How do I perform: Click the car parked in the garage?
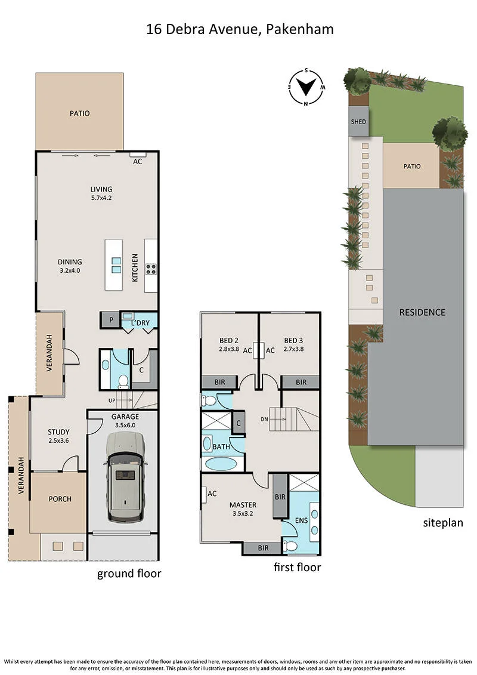pyautogui.click(x=125, y=476)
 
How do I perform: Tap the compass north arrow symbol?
pyautogui.click(x=306, y=87)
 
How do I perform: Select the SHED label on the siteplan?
pyautogui.click(x=358, y=122)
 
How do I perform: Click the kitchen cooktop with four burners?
pyautogui.click(x=150, y=270)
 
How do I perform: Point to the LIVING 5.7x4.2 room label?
pyautogui.click(x=101, y=193)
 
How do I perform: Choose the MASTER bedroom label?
pyautogui.click(x=243, y=508)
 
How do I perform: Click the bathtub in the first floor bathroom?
pyautogui.click(x=221, y=464)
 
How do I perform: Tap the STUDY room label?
pyautogui.click(x=58, y=436)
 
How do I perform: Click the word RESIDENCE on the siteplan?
pyautogui.click(x=422, y=312)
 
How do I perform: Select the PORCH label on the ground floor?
pyautogui.click(x=60, y=499)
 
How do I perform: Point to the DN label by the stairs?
pyautogui.click(x=264, y=419)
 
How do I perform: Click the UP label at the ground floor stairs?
pyautogui.click(x=112, y=401)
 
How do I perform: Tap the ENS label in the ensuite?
pyautogui.click(x=301, y=520)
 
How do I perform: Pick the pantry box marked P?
pyautogui.click(x=111, y=320)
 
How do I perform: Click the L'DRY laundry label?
pyautogui.click(x=140, y=323)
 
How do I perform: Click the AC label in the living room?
pyautogui.click(x=137, y=161)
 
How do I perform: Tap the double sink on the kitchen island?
pyautogui.click(x=116, y=265)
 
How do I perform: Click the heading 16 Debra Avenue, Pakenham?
pyautogui.click(x=240, y=29)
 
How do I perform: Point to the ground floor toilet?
pyautogui.click(x=123, y=380)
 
